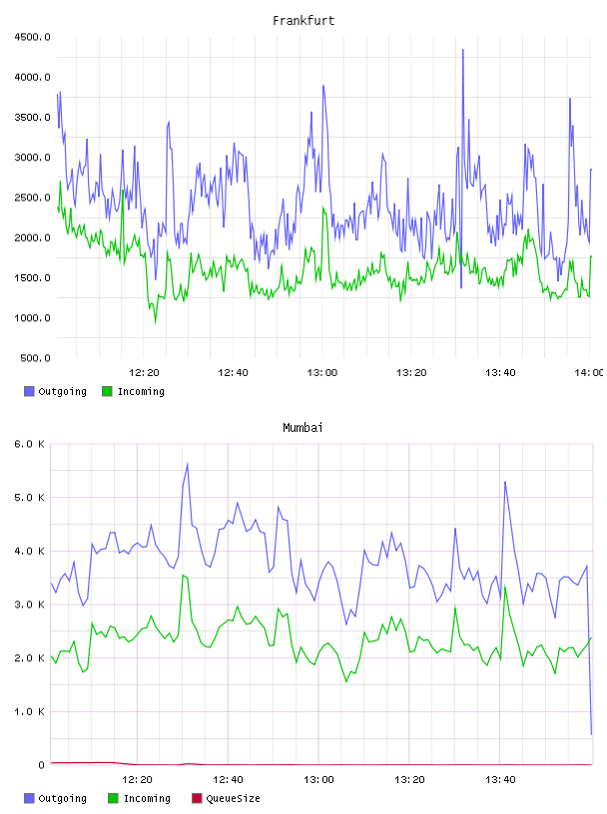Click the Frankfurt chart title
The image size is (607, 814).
click(x=303, y=21)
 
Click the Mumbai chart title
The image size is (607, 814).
click(x=303, y=428)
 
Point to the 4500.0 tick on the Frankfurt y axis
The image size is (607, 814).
click(x=32, y=37)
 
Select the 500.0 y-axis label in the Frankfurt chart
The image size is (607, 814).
click(x=35, y=358)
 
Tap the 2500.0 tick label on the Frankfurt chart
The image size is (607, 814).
click(x=32, y=198)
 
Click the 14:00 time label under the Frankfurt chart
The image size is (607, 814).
click(x=589, y=373)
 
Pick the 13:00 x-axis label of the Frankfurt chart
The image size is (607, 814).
click(x=322, y=373)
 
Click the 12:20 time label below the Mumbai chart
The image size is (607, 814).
click(x=137, y=780)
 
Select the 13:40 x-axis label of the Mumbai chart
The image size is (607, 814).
click(x=500, y=780)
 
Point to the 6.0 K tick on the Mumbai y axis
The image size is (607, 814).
click(x=29, y=444)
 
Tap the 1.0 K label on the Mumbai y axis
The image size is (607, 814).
click(x=29, y=711)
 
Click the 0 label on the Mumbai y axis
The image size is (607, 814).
click(x=41, y=765)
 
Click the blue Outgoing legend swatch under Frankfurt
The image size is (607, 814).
click(x=29, y=391)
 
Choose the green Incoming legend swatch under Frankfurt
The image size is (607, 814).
click(x=107, y=391)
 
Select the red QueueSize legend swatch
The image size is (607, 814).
click(x=197, y=798)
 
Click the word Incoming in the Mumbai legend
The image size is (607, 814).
click(x=147, y=799)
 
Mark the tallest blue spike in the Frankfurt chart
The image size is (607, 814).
click(x=462, y=50)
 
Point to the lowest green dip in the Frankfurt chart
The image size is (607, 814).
click(x=155, y=323)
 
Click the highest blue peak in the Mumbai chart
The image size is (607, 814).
click(x=187, y=464)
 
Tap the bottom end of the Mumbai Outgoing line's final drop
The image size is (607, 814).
click(x=591, y=734)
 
